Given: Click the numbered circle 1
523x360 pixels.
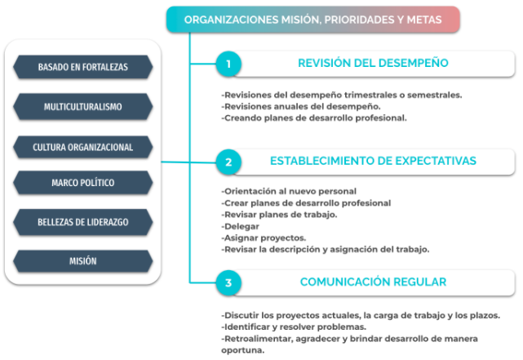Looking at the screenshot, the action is tap(228, 64).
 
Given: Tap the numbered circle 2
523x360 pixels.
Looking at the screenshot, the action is tap(228, 162).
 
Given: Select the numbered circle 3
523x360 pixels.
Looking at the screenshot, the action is tap(228, 283).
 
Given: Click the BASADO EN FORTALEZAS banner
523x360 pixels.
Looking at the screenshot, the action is tap(82, 67).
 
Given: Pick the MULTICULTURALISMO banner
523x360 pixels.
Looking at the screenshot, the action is tap(82, 107).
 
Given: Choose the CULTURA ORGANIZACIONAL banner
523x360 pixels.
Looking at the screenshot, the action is tap(82, 147).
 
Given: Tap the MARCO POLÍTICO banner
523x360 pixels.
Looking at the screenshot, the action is tap(82, 183).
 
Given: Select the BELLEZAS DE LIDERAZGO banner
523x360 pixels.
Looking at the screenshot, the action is tap(82, 222).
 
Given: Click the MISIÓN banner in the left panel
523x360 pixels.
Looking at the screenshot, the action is tap(82, 261).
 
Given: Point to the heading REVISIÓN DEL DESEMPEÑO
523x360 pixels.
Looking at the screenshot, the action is tap(373, 63).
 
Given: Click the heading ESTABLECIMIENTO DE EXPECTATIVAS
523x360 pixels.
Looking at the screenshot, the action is tap(373, 161).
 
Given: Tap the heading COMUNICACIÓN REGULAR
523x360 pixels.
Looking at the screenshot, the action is tap(373, 282).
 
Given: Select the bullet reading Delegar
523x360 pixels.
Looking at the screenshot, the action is tap(240, 226).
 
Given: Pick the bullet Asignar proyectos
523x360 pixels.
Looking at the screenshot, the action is tap(264, 238).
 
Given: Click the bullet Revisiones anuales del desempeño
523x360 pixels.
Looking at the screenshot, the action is tap(301, 106).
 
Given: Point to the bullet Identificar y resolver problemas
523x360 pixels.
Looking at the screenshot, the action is tap(294, 327).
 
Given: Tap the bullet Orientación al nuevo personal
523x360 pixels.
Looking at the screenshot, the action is tap(289, 191).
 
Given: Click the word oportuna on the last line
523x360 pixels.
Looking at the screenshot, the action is tap(243, 350).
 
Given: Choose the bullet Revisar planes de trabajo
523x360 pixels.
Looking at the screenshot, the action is tap(279, 215).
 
